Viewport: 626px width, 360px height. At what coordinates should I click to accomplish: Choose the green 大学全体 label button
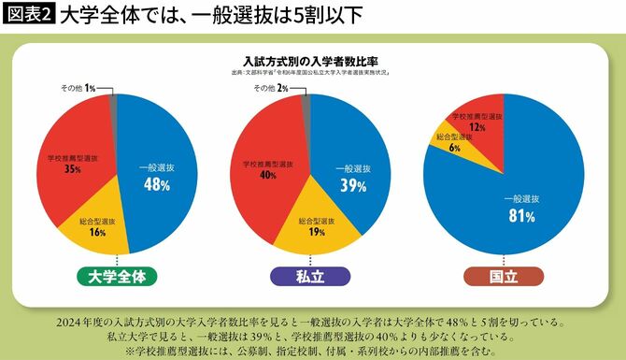[116, 276]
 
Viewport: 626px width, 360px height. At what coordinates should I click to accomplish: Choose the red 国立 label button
[504, 276]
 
